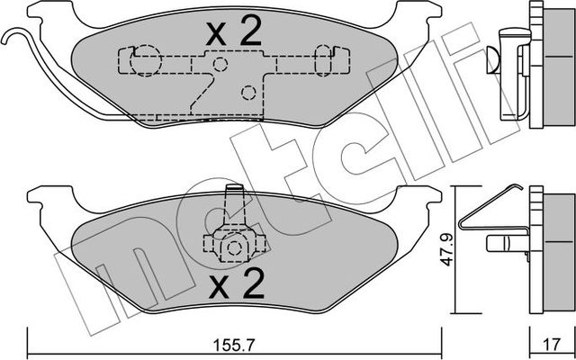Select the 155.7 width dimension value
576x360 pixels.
coord(233,342)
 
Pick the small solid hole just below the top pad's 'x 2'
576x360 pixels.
coord(219,65)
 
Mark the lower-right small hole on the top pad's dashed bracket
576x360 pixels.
coord(248,92)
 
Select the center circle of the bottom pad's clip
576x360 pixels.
coord(233,247)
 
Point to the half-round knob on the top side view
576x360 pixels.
coord(491,59)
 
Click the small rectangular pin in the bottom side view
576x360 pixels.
coord(501,242)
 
